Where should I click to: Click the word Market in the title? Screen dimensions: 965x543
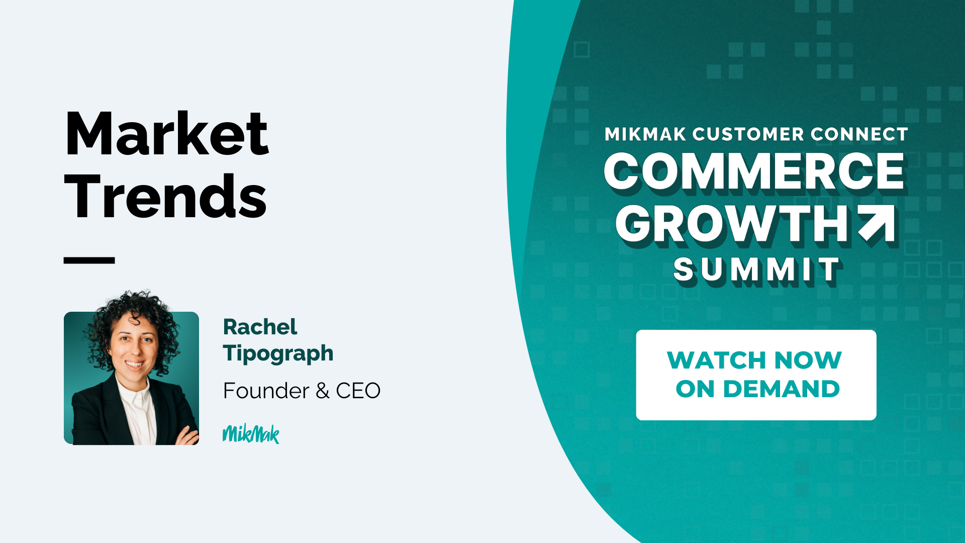point(167,133)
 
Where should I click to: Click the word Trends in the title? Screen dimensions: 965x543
point(165,196)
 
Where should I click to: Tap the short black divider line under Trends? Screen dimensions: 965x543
point(89,260)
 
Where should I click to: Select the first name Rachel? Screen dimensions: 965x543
point(260,327)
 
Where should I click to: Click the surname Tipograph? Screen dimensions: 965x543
point(278,353)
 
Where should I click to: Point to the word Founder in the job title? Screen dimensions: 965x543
point(266,391)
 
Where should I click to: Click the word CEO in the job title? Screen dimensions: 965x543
point(358,391)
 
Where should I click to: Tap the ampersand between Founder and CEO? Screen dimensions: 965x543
point(323,391)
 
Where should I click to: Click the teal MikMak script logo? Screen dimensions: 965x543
point(251,434)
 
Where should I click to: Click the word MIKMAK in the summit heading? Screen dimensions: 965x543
point(645,134)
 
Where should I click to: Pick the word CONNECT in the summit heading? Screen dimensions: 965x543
point(859,134)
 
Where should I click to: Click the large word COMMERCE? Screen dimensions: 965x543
point(754,172)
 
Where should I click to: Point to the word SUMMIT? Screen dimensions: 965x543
point(757,270)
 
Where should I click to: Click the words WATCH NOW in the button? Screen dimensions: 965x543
point(754,360)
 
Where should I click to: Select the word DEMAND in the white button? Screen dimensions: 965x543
point(782,389)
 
